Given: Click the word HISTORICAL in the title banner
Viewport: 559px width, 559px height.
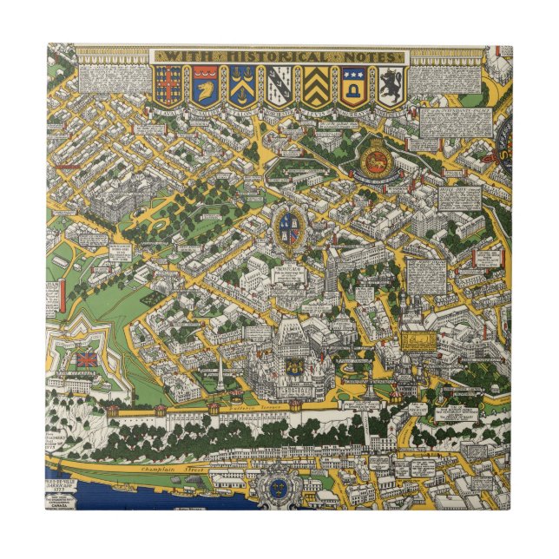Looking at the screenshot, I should (x=278, y=56).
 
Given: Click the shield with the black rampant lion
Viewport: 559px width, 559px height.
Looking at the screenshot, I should (x=391, y=86).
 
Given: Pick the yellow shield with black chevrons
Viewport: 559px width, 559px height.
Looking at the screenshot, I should (x=315, y=86).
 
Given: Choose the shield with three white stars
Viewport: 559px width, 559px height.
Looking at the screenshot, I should (x=353, y=86).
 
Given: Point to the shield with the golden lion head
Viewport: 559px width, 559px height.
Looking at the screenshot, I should (x=205, y=86).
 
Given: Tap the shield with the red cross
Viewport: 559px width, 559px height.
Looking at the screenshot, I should (x=168, y=86).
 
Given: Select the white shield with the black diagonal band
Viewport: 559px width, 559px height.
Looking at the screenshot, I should (x=278, y=86).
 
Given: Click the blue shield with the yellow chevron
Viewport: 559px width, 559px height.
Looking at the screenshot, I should (x=241, y=86).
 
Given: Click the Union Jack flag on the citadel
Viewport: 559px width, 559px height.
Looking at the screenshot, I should (x=88, y=358).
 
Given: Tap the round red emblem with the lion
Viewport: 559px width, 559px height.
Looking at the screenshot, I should (x=378, y=155).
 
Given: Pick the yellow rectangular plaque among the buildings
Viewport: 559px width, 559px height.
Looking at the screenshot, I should (x=418, y=338).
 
